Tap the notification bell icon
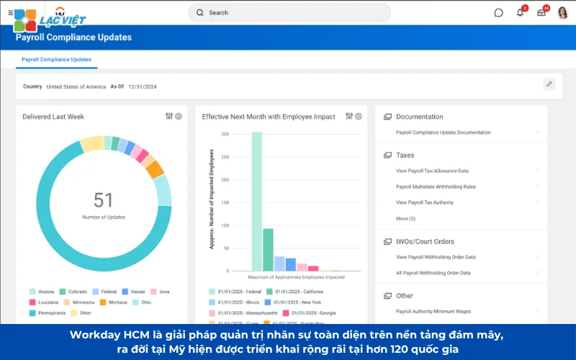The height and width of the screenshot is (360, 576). pos(521,12)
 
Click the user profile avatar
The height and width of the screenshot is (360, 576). pos(562,12)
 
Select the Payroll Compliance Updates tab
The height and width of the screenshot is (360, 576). pos(56,59)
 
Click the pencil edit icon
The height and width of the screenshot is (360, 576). pos(549,84)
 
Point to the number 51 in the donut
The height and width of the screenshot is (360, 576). pos(104,199)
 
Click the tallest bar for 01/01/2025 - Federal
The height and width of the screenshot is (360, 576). pos(256,201)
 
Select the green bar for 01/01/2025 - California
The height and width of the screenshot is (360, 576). pos(268,249)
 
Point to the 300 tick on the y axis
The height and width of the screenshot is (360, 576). pos(225,135)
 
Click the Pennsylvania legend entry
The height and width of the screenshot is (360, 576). pos(51,312)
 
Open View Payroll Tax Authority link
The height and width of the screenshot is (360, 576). pos(425,202)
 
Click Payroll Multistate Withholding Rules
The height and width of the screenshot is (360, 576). pos(436,186)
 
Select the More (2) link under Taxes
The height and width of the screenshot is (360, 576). pos(405,218)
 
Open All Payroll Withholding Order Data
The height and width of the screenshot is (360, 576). pos(433,273)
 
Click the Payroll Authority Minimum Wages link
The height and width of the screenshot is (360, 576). pos(433,311)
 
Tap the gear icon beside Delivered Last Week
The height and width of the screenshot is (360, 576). pos(179,117)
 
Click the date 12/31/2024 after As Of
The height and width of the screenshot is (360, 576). pos(143,86)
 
